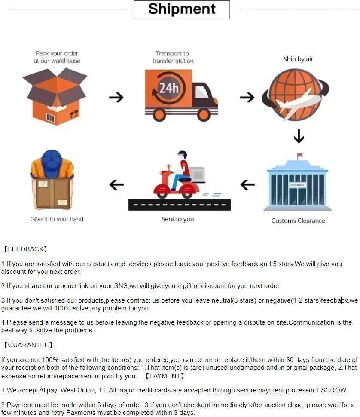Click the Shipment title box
[182, 9]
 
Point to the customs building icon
[297, 185]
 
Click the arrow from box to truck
[116, 98]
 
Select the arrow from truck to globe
[247, 98]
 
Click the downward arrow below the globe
[299, 137]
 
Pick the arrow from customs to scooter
[247, 185]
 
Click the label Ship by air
[298, 59]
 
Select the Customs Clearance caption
[298, 221]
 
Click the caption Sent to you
[177, 219]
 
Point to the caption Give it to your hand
[57, 219]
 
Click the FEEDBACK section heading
[25, 249]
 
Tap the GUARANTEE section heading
[28, 345]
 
